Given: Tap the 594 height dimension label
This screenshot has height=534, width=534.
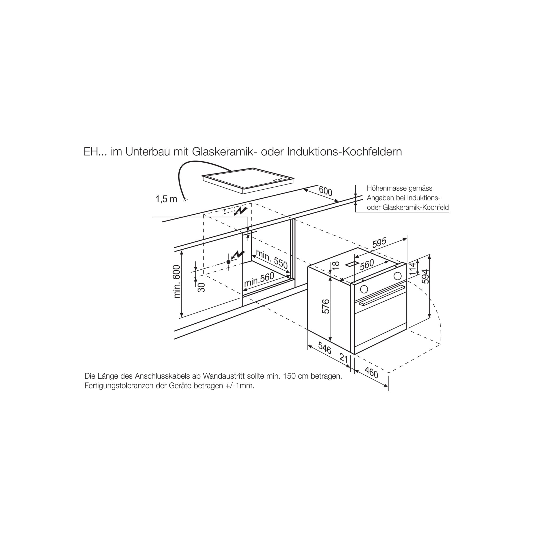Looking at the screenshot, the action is [426, 276].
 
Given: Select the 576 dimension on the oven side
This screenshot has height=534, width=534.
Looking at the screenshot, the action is [327, 306].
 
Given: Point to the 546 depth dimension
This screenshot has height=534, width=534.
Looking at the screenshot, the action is [324, 348].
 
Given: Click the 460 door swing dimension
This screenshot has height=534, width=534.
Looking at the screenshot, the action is [371, 372].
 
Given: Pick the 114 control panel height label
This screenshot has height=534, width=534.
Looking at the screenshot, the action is [413, 269].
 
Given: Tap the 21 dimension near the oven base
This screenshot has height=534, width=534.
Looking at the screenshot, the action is [344, 358].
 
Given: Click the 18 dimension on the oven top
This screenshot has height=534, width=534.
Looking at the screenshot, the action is [336, 265].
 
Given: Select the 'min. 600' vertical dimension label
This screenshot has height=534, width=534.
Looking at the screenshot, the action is [177, 282].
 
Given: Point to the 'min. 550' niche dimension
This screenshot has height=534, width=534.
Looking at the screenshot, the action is [272, 259].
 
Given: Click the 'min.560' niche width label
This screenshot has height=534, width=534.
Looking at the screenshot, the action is [259, 280].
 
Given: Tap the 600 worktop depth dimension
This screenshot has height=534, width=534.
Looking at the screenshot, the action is [325, 191].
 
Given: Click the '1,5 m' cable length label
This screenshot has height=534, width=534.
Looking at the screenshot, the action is [166, 199].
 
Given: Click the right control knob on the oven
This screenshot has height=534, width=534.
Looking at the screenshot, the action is [398, 276].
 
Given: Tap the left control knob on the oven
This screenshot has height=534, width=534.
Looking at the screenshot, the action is [364, 289].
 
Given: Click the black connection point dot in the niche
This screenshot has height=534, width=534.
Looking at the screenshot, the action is [229, 262].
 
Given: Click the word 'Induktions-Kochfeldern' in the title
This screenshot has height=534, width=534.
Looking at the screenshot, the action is [344, 152].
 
